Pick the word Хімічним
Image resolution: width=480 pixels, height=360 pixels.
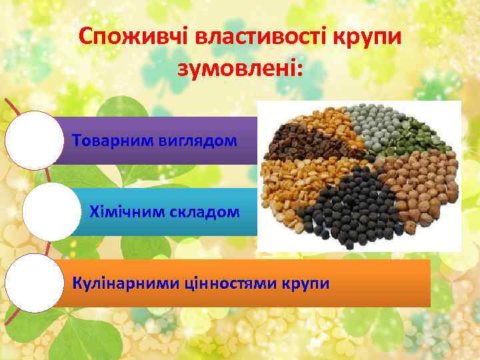[x=123, y=212]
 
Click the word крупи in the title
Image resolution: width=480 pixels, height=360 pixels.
[x=365, y=37]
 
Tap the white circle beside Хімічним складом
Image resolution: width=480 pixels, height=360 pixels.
[x=52, y=212]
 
